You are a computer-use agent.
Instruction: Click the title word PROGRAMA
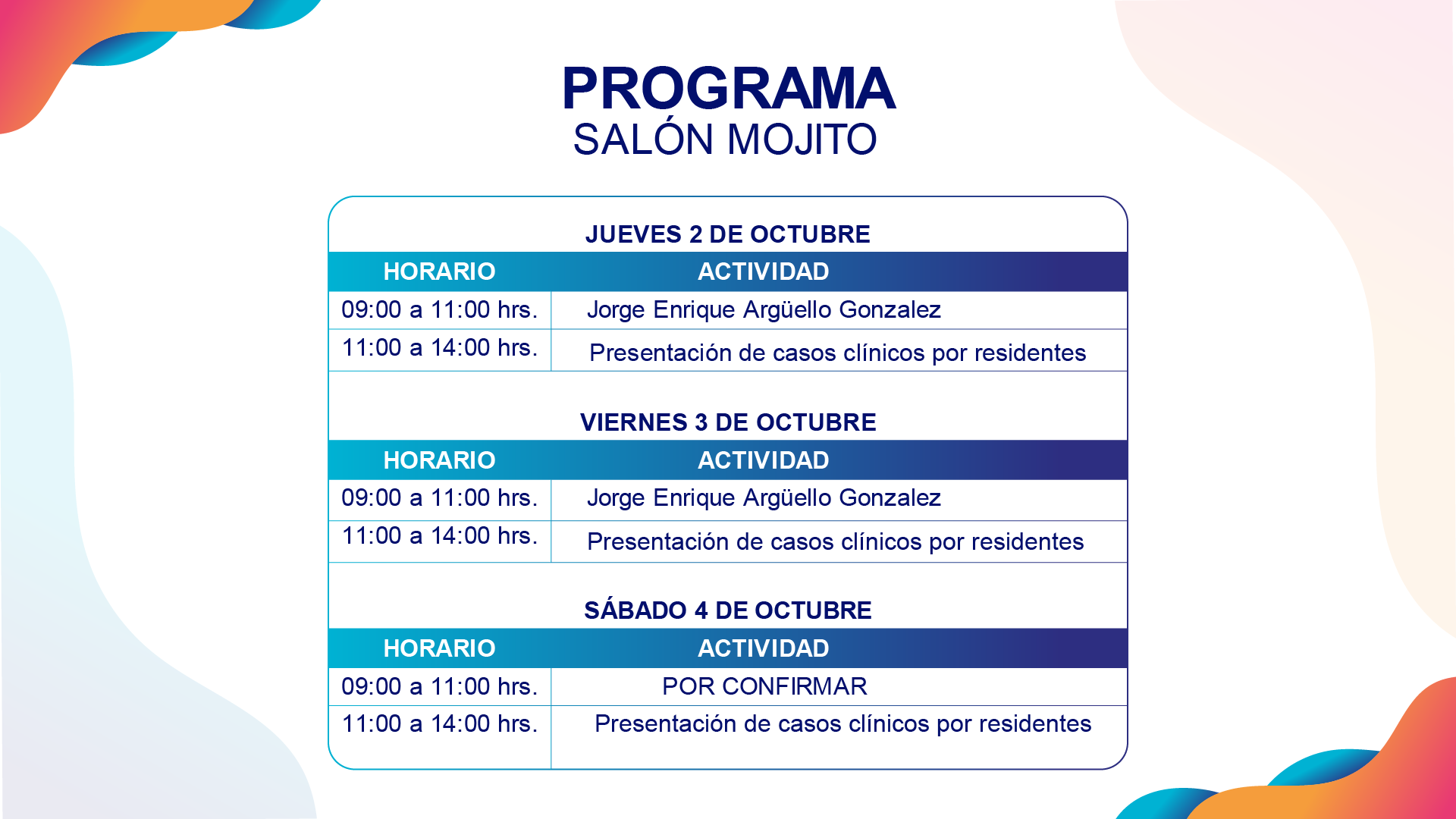tap(728, 88)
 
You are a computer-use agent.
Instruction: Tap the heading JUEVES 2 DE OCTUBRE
tap(728, 234)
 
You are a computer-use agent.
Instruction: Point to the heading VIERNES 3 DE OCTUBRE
tap(728, 422)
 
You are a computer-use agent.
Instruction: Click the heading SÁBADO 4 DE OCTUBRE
tap(728, 610)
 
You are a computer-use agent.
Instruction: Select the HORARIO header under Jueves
tap(439, 271)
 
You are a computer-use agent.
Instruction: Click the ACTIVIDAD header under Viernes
tap(764, 460)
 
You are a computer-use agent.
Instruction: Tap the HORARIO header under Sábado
tap(439, 648)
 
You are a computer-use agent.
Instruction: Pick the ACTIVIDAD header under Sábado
tap(764, 648)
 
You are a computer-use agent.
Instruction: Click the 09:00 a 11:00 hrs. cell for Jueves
tap(440, 309)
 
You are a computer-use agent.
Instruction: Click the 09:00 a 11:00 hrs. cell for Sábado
tap(440, 686)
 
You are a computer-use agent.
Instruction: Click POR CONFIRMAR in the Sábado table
tap(764, 686)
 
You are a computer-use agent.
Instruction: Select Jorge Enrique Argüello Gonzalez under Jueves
tap(764, 310)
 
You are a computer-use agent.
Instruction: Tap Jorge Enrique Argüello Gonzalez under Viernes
tap(764, 498)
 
